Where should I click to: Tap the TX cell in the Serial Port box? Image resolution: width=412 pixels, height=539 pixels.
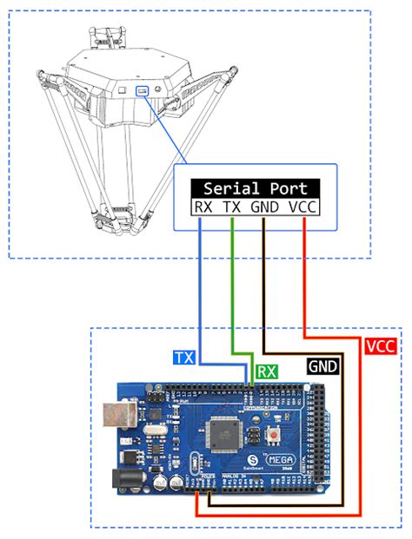point(232,207)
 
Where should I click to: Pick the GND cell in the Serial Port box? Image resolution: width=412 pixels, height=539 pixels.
point(266,207)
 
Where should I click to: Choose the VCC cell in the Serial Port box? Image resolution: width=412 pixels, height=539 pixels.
point(303,207)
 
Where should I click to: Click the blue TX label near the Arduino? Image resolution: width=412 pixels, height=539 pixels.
point(184,357)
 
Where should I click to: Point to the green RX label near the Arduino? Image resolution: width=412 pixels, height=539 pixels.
point(268,371)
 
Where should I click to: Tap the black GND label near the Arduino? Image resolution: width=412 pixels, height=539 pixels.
point(323,367)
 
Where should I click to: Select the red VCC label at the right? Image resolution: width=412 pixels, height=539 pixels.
point(381,345)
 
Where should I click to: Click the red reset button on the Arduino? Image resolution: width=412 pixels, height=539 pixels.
point(276,434)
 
